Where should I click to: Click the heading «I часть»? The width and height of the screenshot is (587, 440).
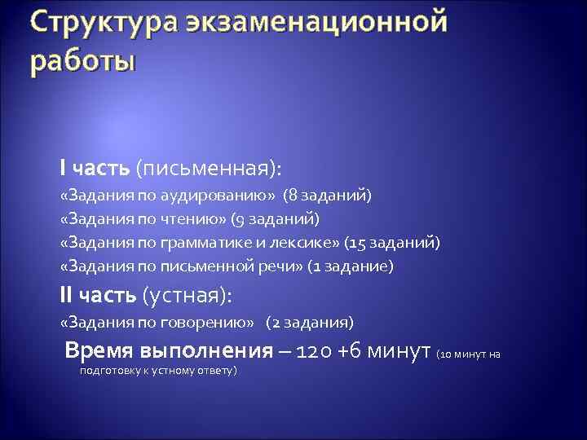click(x=95, y=168)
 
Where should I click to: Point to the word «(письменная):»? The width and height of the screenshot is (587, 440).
click(x=208, y=168)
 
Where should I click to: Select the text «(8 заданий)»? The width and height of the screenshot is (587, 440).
click(x=327, y=196)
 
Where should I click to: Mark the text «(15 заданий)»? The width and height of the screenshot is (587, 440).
click(x=392, y=243)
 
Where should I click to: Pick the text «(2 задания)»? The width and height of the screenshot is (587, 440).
click(x=310, y=322)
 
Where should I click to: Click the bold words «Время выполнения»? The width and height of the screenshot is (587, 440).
click(x=169, y=351)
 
